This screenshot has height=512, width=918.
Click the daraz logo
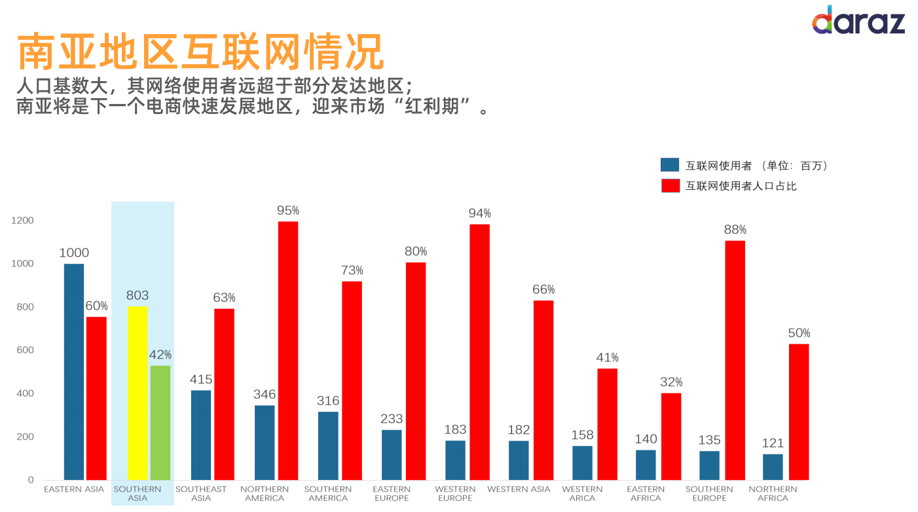(858, 21)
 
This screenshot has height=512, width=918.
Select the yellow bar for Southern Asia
(138, 393)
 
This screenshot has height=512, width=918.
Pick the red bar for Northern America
(288, 350)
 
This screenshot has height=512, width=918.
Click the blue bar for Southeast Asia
(201, 435)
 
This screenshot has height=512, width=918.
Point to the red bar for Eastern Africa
(671, 436)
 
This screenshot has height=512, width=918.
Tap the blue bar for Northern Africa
(773, 466)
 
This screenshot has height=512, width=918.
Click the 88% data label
(735, 230)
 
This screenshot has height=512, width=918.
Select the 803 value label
(138, 295)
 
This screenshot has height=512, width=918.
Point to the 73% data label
(352, 270)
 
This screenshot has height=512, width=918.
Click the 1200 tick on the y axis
(22, 221)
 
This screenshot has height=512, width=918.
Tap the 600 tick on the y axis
(25, 350)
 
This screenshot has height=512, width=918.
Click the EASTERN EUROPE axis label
(392, 494)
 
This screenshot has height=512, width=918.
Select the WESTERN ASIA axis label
(519, 489)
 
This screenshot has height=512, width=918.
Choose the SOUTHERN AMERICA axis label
(328, 494)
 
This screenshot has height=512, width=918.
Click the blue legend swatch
(670, 165)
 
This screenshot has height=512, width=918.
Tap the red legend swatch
(670, 185)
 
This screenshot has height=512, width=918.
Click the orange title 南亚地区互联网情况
(200, 52)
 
